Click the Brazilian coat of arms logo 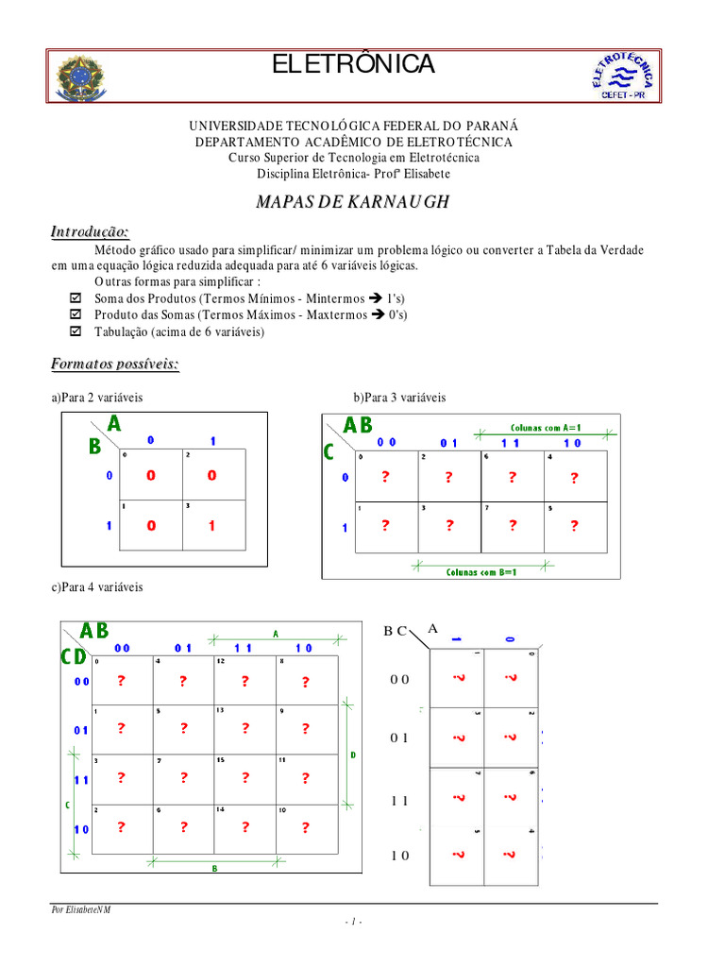click(x=82, y=76)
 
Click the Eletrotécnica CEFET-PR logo click(x=625, y=75)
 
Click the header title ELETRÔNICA click(x=353, y=64)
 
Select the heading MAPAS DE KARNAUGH click(x=353, y=202)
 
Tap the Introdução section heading click(x=90, y=232)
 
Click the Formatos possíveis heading click(x=114, y=364)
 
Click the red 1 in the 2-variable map click(x=212, y=526)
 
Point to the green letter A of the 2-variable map click(x=114, y=424)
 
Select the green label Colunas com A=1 click(x=546, y=428)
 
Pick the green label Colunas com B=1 click(x=481, y=571)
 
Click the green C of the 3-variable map click(x=329, y=452)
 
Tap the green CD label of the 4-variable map click(x=74, y=656)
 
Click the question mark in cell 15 click(x=244, y=778)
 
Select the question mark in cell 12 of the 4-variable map click(x=244, y=681)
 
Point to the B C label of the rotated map click(x=395, y=631)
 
